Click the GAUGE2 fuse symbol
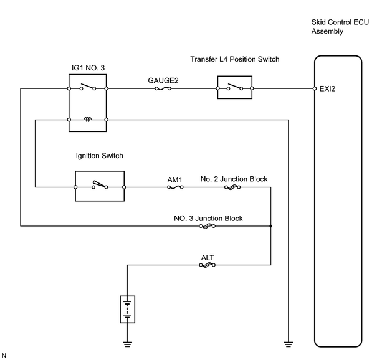coord(163,88)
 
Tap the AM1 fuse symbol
coord(175,187)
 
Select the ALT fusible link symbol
coord(208,265)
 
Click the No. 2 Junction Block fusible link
coord(232,187)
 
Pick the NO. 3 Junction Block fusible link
coord(208,226)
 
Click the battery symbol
coord(127,310)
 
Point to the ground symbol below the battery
coord(127,344)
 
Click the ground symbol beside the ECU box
coord(288,344)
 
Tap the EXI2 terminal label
coord(327,89)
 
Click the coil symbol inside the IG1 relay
coord(87,119)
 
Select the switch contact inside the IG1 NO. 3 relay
coord(88,87)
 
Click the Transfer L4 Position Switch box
coord(235,87)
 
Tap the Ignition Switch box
coord(100,186)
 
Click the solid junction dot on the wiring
coord(271,226)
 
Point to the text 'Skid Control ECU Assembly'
coord(340,27)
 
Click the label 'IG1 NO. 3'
coord(88,68)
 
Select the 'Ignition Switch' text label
coord(100,156)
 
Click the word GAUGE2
coord(163,80)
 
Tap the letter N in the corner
coord(4,356)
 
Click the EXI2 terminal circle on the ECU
coord(315,88)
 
